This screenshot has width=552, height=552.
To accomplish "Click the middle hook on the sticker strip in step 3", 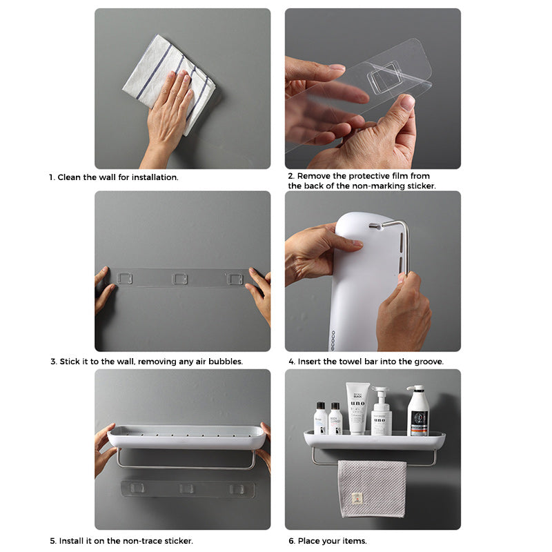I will click(179, 278).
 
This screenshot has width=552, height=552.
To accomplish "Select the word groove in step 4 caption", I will click(427, 361).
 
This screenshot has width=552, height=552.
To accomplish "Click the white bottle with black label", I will click(417, 411).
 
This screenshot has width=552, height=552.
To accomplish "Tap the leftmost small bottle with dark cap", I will click(321, 419).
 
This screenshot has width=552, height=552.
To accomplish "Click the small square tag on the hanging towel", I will click(357, 499).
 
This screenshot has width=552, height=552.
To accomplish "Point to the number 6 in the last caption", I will click(291, 541).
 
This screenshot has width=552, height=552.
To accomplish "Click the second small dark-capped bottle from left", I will click(335, 419).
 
